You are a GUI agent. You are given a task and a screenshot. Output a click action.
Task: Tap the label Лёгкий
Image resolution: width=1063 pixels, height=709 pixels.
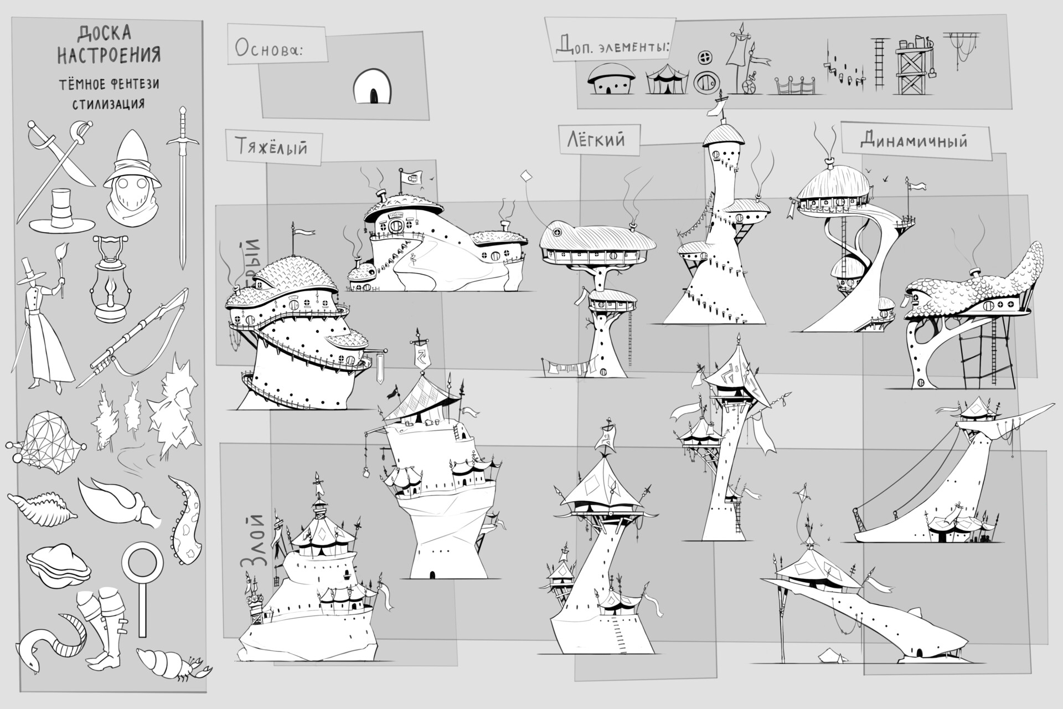tap(595, 139)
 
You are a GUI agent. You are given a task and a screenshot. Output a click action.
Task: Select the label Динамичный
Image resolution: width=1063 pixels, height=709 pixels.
tap(914, 141)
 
